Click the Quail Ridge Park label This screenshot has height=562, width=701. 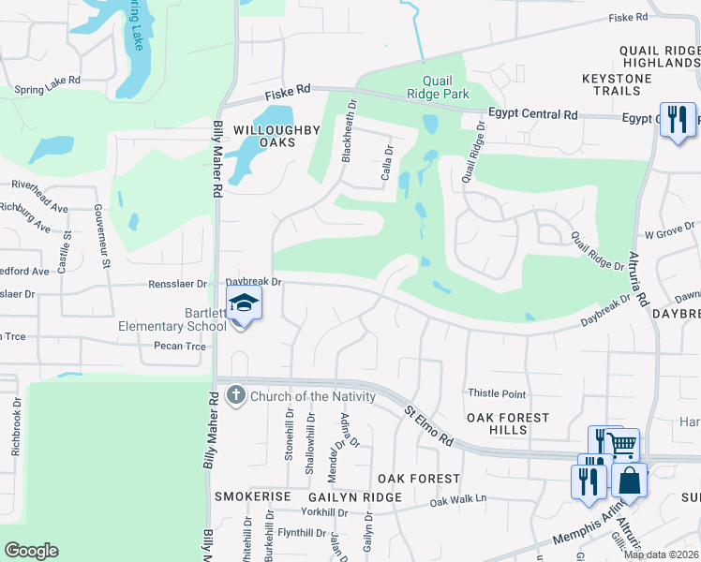(x=430, y=87)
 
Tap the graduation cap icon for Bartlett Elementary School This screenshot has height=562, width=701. (x=244, y=303)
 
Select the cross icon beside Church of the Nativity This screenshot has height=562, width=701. (x=235, y=396)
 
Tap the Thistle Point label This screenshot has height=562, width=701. (x=496, y=394)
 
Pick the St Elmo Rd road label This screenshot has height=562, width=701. (x=429, y=424)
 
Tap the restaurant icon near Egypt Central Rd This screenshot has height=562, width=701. (x=677, y=119)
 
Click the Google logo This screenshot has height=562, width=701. (x=31, y=551)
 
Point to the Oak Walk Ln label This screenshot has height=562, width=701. (x=459, y=501)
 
